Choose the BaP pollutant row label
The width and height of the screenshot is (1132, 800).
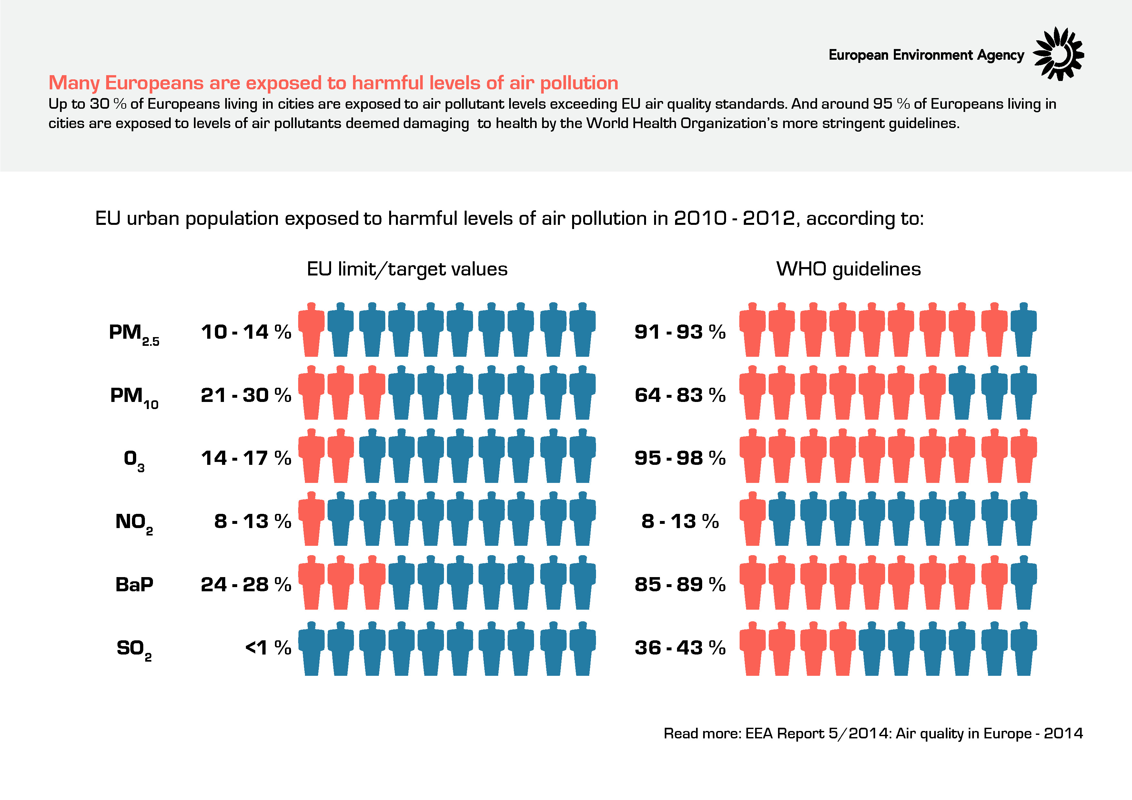click(x=134, y=585)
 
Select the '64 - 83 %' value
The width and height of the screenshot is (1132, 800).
click(x=680, y=395)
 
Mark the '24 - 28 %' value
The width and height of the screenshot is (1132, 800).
click(x=246, y=585)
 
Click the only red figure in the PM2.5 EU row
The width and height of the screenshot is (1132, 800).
click(x=311, y=329)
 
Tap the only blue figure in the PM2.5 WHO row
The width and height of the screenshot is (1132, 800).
click(x=1024, y=329)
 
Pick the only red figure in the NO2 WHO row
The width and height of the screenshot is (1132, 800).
click(x=753, y=518)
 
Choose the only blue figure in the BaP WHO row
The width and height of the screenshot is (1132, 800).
click(x=1024, y=582)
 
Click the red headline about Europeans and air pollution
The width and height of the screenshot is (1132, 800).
click(x=333, y=83)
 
